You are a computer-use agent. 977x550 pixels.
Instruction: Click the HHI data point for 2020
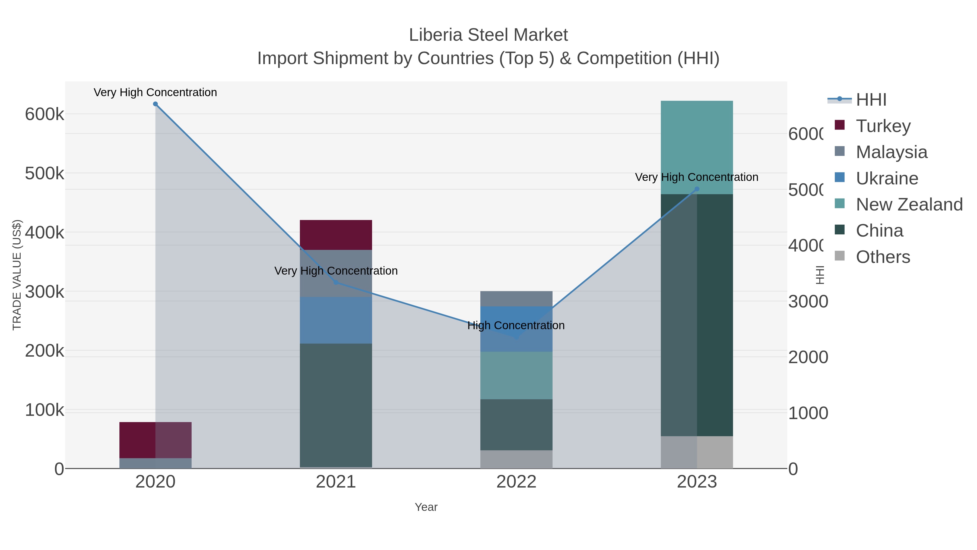pyautogui.click(x=155, y=104)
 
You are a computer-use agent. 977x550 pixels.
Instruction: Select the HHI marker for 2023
pyautogui.click(x=697, y=189)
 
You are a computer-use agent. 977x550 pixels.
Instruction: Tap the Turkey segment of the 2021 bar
pyautogui.click(x=336, y=235)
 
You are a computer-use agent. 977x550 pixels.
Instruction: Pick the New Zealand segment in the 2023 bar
pyautogui.click(x=697, y=147)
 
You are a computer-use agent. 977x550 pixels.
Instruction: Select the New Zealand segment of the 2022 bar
pyautogui.click(x=516, y=375)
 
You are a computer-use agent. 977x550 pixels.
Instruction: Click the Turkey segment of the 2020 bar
pyautogui.click(x=155, y=440)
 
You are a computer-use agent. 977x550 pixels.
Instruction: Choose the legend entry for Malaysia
pyautogui.click(x=891, y=152)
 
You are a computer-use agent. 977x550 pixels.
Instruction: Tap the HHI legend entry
pyautogui.click(x=871, y=100)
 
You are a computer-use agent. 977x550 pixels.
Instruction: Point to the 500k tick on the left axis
pyautogui.click(x=45, y=174)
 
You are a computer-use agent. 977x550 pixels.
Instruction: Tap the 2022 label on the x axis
pyautogui.click(x=516, y=482)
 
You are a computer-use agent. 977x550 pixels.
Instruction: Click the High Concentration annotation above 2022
pyautogui.click(x=516, y=325)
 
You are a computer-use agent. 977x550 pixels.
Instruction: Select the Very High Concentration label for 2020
pyautogui.click(x=155, y=92)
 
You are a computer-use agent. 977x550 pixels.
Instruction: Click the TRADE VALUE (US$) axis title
pyautogui.click(x=17, y=275)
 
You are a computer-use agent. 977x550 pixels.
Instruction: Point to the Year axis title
pyautogui.click(x=426, y=507)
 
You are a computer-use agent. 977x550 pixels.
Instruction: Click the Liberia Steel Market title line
pyautogui.click(x=488, y=35)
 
